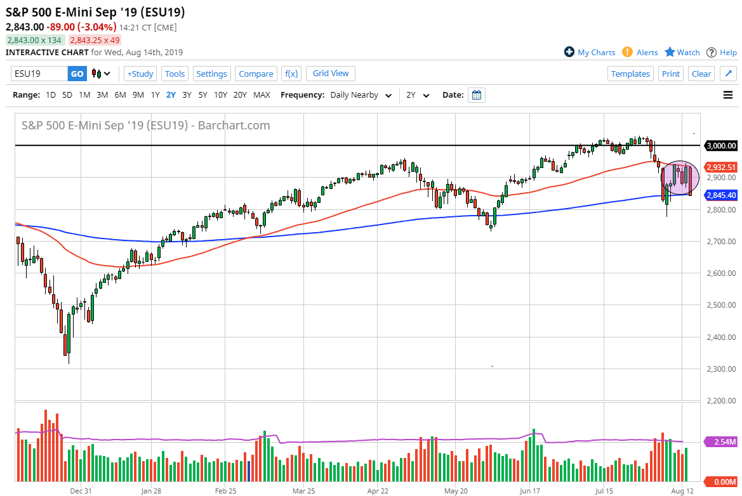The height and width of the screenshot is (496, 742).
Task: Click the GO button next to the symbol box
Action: coord(77,74)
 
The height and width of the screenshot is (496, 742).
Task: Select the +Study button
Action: coord(140,74)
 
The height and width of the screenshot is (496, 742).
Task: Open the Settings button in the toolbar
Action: coord(211,74)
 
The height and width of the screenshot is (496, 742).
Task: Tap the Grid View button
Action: coord(331,74)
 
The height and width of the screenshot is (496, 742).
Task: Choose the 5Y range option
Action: coord(202,95)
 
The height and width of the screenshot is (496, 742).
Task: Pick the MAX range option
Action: coord(262,95)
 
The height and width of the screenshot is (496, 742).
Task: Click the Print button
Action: coord(671,74)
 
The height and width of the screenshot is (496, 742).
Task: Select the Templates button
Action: coord(630,74)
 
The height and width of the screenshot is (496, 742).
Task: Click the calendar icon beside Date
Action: coord(477,95)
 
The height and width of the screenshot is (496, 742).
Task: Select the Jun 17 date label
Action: coord(529,490)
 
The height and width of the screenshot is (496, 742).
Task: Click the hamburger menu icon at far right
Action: coord(727,95)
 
